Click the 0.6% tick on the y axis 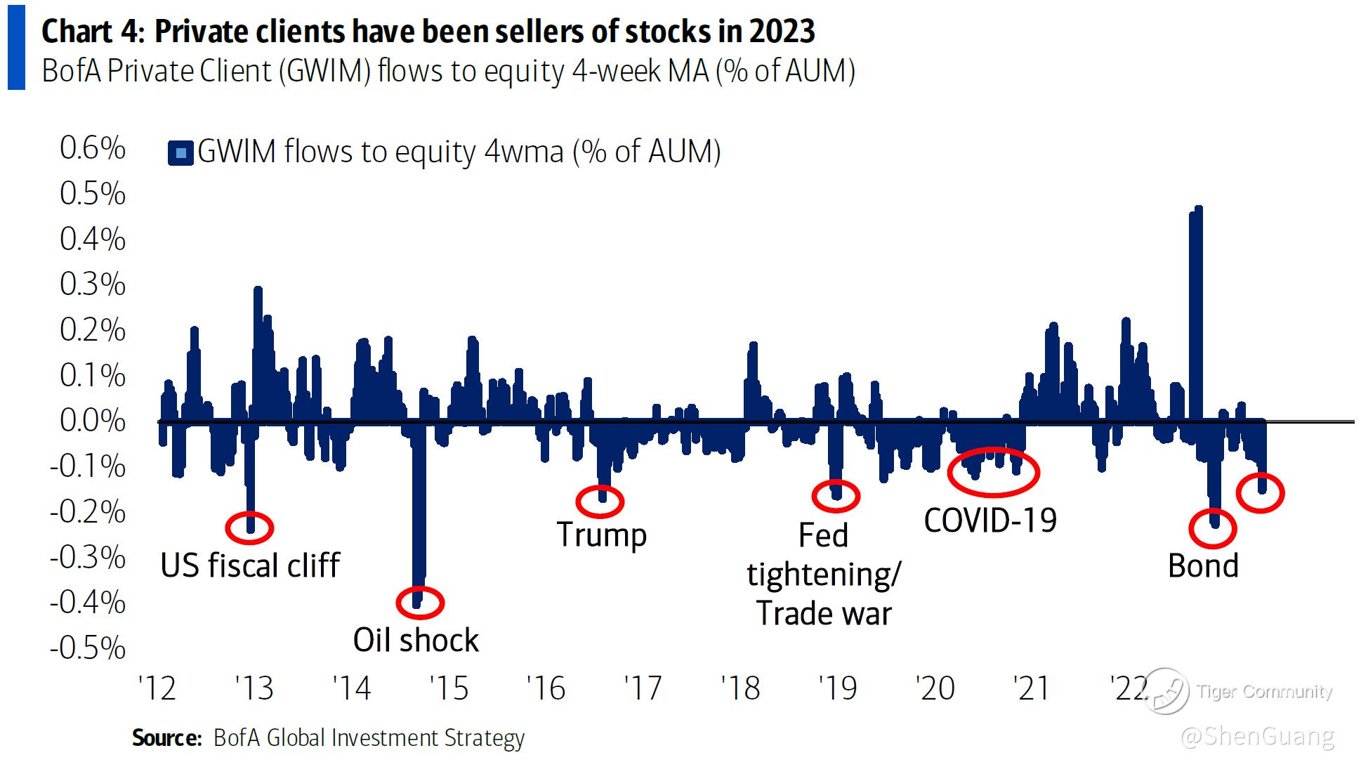click(x=92, y=148)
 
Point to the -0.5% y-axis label click(x=88, y=648)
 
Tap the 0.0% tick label click(x=92, y=421)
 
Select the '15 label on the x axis click(x=448, y=688)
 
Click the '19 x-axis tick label click(x=837, y=688)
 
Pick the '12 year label click(x=157, y=688)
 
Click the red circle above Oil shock click(x=420, y=602)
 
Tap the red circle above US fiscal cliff click(x=249, y=527)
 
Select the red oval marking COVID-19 click(x=993, y=472)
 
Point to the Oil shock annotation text click(x=416, y=641)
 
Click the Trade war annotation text click(x=824, y=614)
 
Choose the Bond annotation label click(x=1203, y=566)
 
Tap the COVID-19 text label click(x=990, y=521)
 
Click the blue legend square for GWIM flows click(x=180, y=152)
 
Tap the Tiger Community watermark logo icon click(x=1166, y=691)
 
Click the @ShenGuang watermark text click(x=1257, y=737)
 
